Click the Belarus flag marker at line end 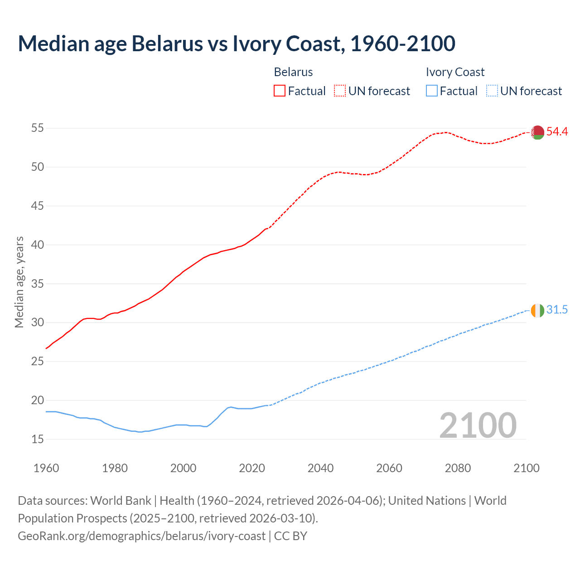click(537, 132)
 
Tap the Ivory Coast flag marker click(537, 310)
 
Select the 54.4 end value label click(557, 132)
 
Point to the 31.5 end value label click(557, 310)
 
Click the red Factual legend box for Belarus click(280, 91)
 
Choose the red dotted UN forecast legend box click(340, 91)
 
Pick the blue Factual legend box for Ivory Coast click(432, 91)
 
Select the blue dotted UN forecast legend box click(492, 91)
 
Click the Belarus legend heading click(293, 72)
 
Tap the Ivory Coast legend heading click(455, 72)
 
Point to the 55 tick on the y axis click(38, 128)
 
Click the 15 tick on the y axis click(38, 439)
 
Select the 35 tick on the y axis click(38, 284)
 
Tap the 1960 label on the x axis click(46, 468)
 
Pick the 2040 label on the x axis click(320, 468)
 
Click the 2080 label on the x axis click(458, 468)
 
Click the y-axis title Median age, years click(19, 282)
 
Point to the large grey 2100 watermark click(478, 425)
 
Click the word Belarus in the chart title click(167, 43)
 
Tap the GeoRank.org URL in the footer click(141, 536)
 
